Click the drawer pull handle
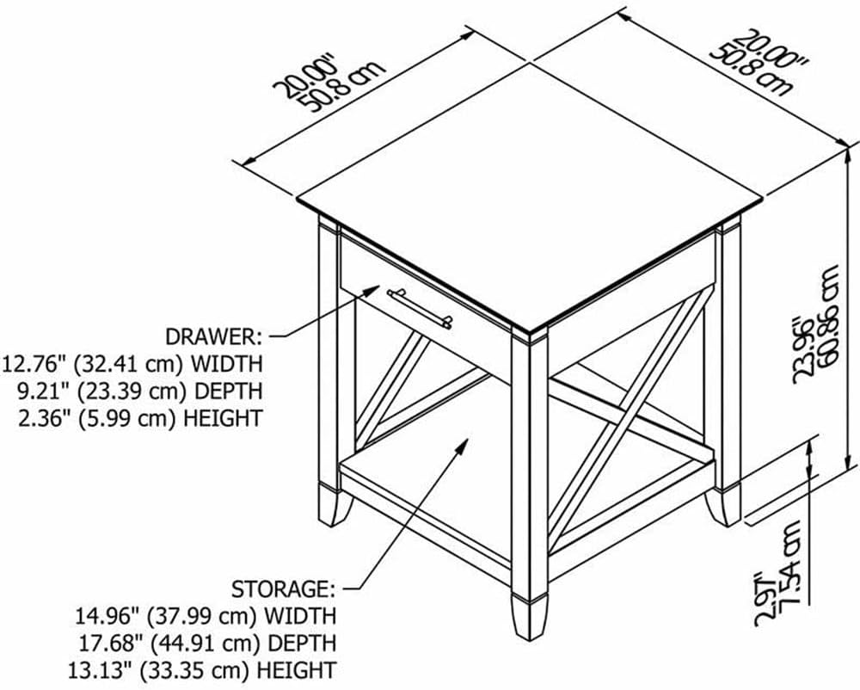(x=421, y=309)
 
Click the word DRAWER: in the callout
(x=214, y=336)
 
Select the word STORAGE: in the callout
(x=283, y=589)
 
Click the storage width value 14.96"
(x=108, y=616)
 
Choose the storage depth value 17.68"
(x=108, y=643)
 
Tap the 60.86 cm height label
(x=828, y=316)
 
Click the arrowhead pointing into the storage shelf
(x=462, y=447)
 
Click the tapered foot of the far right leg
(x=723, y=506)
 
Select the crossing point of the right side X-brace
(x=630, y=416)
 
